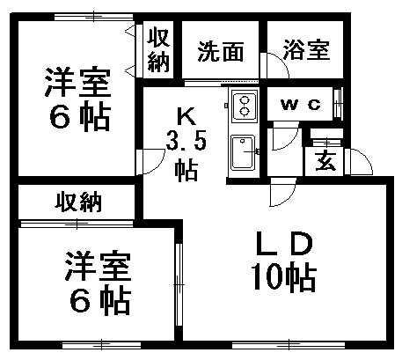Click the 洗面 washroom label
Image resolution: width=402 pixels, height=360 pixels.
[x=221, y=52]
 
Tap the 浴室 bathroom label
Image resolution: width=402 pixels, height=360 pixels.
[x=306, y=50]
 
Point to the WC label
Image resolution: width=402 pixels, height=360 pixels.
[x=301, y=105]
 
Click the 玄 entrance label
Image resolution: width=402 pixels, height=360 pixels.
[x=325, y=161]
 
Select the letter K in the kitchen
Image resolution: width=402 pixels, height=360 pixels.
[x=186, y=117]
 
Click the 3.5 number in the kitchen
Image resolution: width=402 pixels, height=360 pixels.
[x=186, y=140]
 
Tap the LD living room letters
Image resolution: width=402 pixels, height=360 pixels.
[x=284, y=243]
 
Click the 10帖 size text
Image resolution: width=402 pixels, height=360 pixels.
[x=284, y=277]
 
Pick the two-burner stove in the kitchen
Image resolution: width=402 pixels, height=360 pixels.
[x=245, y=107]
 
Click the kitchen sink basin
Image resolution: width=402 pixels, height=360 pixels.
[x=243, y=152]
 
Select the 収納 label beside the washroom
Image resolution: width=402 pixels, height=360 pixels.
[x=158, y=50]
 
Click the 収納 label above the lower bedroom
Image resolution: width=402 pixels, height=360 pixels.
[x=78, y=202]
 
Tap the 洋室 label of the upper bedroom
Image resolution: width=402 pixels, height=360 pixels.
[x=78, y=83]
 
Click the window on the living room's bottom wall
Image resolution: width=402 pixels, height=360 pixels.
[x=289, y=345]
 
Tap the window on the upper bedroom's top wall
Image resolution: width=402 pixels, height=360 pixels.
[x=94, y=17]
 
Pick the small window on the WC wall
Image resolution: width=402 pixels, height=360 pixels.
[x=338, y=104]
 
